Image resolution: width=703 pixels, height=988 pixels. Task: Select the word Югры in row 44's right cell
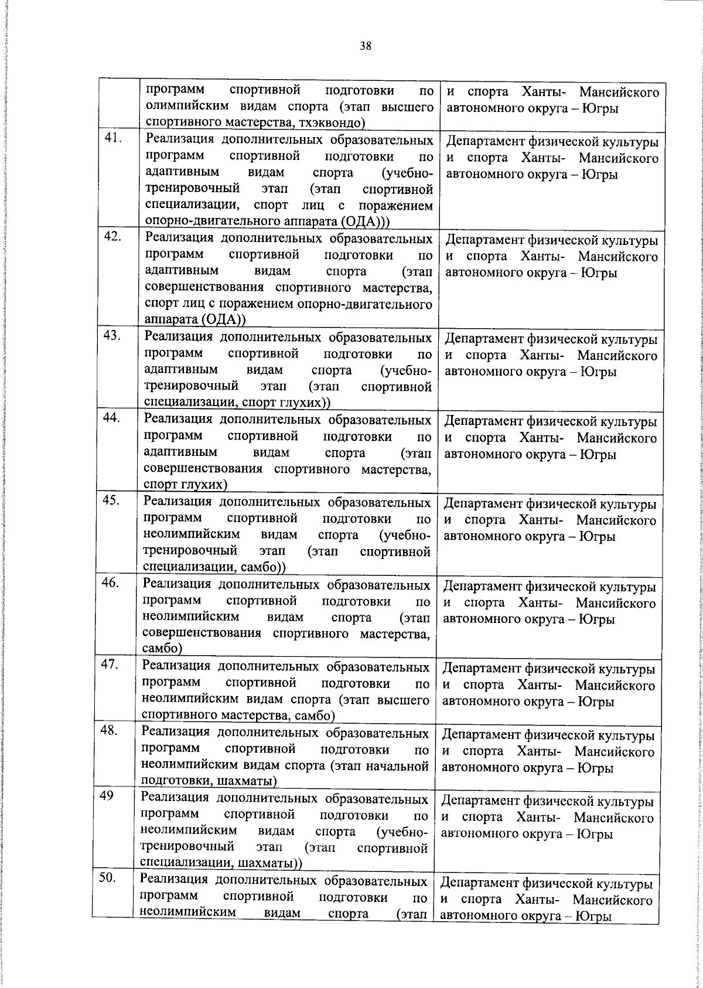coord(598,455)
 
